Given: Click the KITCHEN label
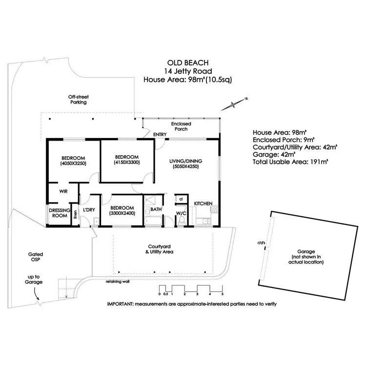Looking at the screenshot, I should [x=203, y=203].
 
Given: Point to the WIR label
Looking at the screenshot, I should [x=63, y=191].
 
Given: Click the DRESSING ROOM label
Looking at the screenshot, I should [x=60, y=212].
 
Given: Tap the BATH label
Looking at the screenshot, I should [x=156, y=209].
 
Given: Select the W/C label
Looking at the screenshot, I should [x=181, y=213].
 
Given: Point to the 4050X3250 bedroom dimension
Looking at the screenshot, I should [x=74, y=164].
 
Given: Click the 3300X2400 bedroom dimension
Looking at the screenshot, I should [x=122, y=213].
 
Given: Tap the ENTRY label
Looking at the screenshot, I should [x=160, y=135].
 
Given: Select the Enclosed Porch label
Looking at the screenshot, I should [x=181, y=127].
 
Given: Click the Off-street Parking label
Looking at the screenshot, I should [x=78, y=100].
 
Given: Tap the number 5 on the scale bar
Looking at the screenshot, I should [x=222, y=294].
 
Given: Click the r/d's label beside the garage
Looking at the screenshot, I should [x=260, y=242].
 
